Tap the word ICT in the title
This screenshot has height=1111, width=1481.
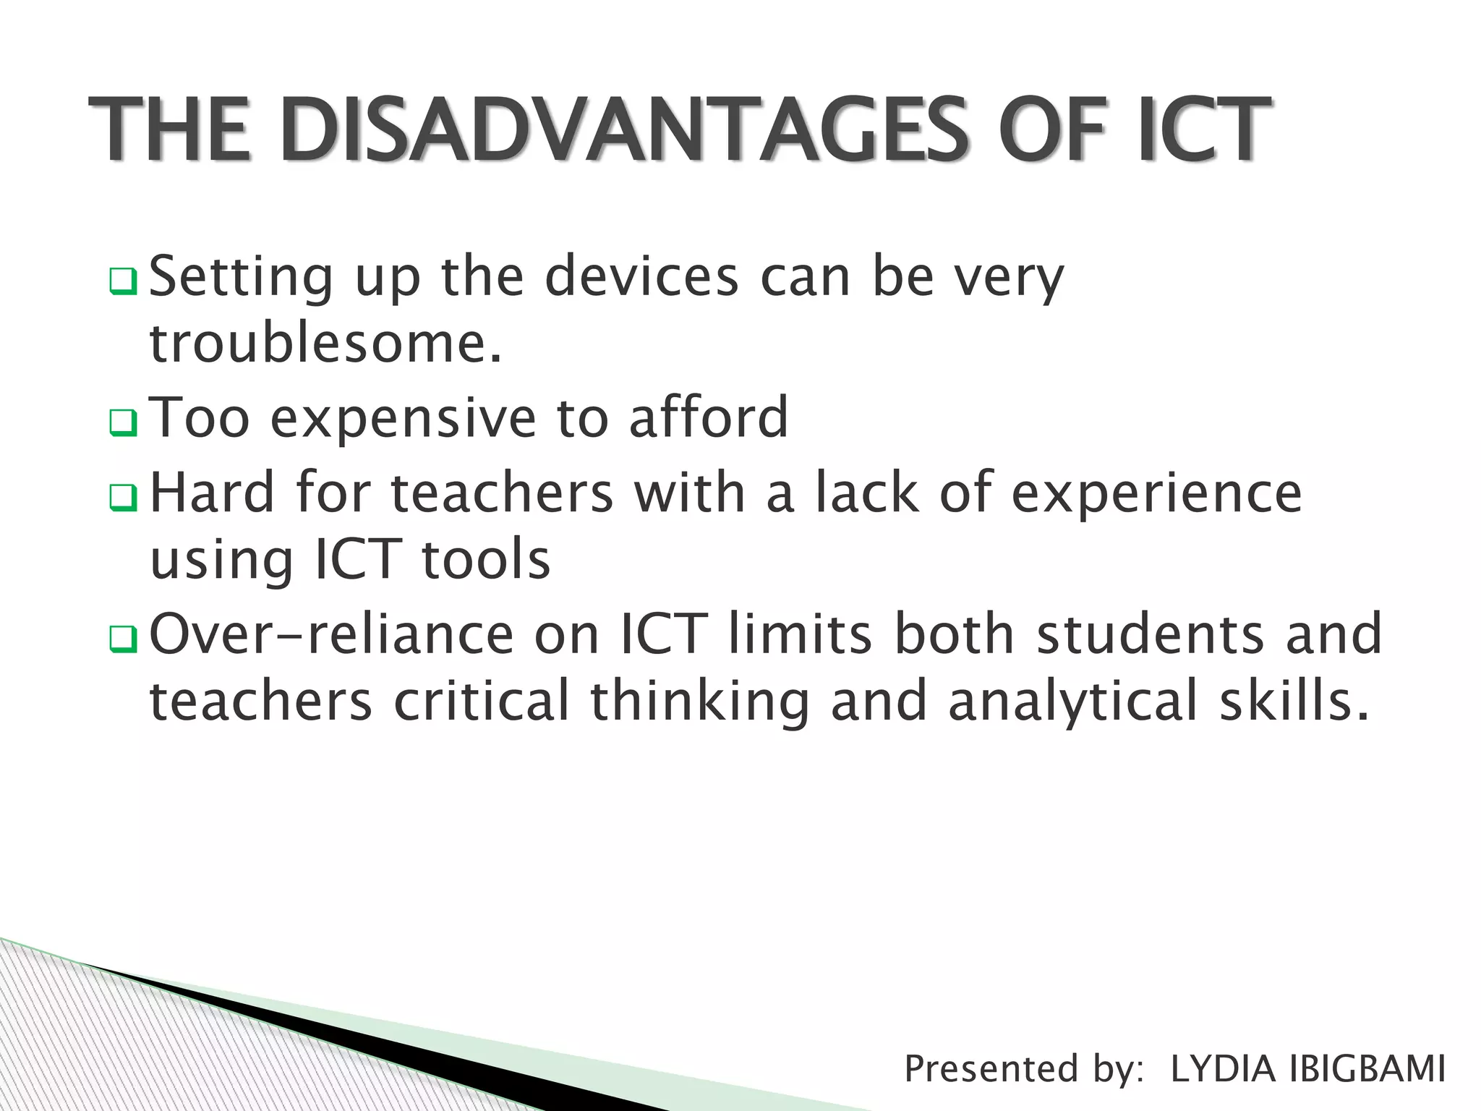pos(1203,130)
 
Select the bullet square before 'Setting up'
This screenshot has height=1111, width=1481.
pos(123,281)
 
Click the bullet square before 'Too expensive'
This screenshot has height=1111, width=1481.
pos(123,422)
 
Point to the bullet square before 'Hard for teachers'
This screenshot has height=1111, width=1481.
pos(123,498)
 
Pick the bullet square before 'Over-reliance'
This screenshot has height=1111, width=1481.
pos(123,639)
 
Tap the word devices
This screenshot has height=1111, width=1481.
pos(641,276)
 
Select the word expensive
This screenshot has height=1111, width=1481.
pos(403,418)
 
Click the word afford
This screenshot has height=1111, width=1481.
pos(709,417)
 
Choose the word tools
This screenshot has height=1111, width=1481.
pos(485,560)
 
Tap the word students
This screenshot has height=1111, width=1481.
pos(1150,634)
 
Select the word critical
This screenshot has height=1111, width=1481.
pos(482,700)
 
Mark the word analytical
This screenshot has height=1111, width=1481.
pos(1072,702)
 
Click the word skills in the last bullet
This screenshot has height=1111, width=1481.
pos(1294,700)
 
